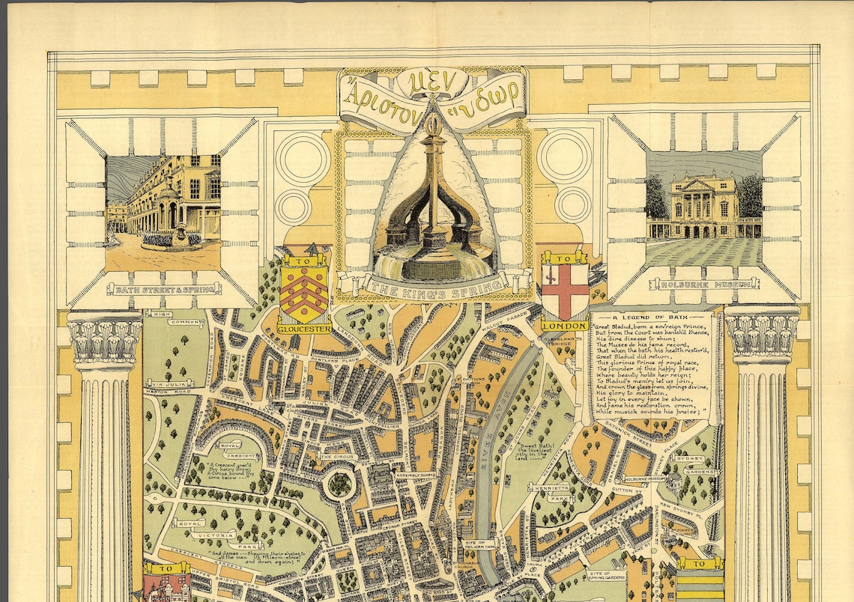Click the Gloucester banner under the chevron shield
click(304, 328)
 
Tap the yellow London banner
click(565, 326)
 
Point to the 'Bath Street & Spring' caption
click(164, 288)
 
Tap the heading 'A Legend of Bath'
click(651, 317)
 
